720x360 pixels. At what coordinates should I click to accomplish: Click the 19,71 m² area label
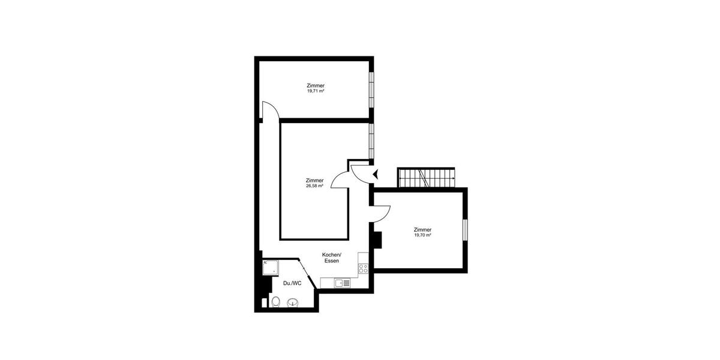[x=316, y=91]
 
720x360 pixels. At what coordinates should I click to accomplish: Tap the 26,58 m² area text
[x=314, y=186]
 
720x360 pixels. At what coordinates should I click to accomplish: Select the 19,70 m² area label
[x=422, y=235]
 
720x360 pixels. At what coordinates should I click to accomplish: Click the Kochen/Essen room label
[x=331, y=257]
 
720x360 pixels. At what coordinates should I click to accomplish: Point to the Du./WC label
[x=292, y=283]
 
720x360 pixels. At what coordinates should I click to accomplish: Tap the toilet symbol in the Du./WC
[x=275, y=302]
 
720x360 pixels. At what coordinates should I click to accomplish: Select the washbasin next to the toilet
[x=292, y=302]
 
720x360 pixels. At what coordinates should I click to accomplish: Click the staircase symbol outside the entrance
[x=426, y=178]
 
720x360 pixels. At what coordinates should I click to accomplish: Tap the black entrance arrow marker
[x=376, y=175]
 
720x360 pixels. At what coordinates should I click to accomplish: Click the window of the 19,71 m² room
[x=371, y=86]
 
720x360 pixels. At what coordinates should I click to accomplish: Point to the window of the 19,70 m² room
[x=464, y=230]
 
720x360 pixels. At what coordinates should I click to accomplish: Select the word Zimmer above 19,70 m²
[x=422, y=230]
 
